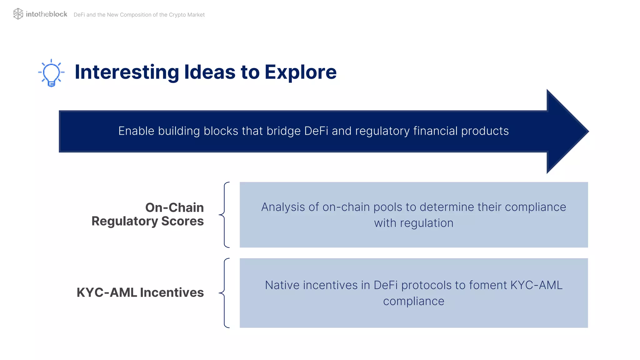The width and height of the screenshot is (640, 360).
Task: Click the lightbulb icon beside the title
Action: (51, 73)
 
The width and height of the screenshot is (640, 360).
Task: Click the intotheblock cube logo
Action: (18, 14)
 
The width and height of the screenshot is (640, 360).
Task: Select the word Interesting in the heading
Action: (127, 72)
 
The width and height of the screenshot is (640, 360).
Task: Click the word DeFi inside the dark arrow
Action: (316, 131)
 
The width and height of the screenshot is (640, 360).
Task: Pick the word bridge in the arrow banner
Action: (283, 131)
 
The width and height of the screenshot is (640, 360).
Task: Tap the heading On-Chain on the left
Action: (174, 207)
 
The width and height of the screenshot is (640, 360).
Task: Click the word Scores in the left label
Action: (182, 221)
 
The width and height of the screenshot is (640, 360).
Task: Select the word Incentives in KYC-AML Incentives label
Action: (172, 292)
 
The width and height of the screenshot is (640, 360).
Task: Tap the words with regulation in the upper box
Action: (413, 223)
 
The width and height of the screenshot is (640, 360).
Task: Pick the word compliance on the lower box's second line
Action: (413, 301)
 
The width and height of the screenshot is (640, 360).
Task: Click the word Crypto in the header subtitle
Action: (177, 15)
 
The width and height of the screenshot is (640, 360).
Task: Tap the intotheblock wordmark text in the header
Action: (46, 14)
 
